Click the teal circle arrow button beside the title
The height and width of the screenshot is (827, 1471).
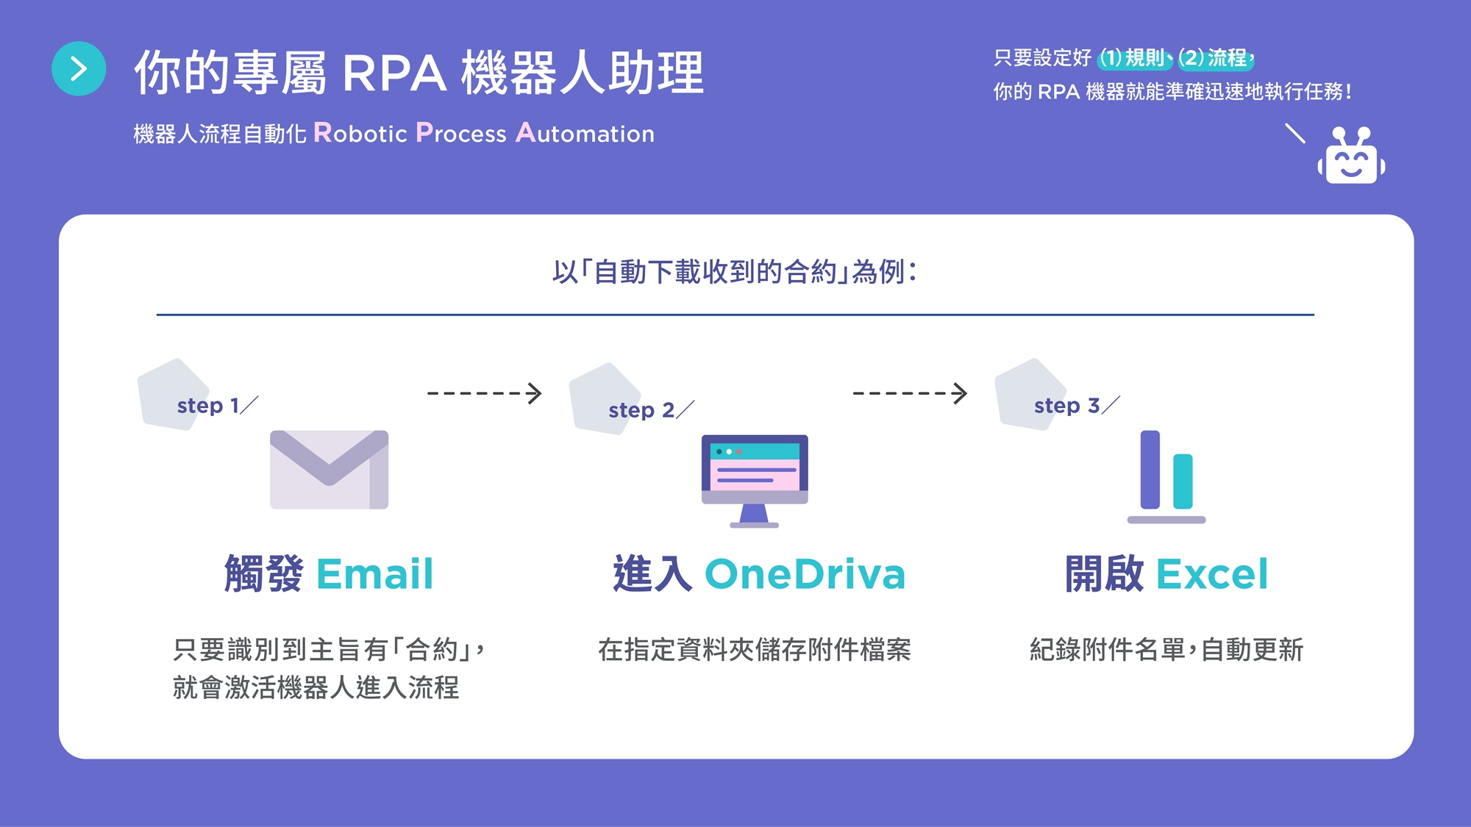[79, 68]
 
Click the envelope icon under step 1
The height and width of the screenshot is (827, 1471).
[329, 469]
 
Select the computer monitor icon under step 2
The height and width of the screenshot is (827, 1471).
[755, 478]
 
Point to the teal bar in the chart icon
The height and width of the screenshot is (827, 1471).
[1183, 481]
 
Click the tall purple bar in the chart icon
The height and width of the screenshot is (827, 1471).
[1150, 469]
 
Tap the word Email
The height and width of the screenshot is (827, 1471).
[374, 574]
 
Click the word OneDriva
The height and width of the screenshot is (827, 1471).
[805, 574]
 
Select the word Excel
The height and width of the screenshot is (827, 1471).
[1212, 574]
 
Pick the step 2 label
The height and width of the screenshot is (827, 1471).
[641, 409]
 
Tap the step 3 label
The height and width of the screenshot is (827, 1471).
[1066, 405]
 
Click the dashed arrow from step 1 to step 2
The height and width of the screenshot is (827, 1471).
[484, 393]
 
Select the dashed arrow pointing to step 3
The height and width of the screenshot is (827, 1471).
[909, 393]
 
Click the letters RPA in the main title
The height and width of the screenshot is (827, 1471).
[394, 74]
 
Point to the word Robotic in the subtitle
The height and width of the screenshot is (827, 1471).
[360, 133]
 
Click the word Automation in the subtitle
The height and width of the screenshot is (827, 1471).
[585, 133]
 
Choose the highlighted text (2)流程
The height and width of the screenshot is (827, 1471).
[1214, 57]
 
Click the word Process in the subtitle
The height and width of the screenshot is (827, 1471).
[461, 133]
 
